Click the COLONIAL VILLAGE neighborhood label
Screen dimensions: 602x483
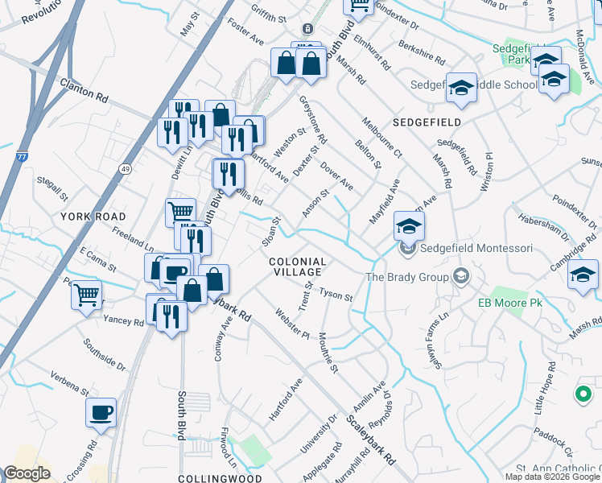[297, 268]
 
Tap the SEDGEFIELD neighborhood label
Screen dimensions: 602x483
[427, 122]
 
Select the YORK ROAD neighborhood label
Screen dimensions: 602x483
[93, 217]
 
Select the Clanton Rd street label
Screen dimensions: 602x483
[84, 89]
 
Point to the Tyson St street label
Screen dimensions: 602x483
[336, 295]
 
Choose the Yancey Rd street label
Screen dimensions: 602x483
[123, 321]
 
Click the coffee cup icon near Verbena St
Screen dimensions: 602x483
[101, 413]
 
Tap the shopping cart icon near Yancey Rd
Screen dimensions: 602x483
[86, 294]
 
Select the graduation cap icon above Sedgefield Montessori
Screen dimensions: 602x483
[409, 225]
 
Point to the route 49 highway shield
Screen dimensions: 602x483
[126, 168]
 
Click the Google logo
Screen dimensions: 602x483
[27, 473]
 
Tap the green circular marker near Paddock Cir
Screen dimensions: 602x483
[582, 394]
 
